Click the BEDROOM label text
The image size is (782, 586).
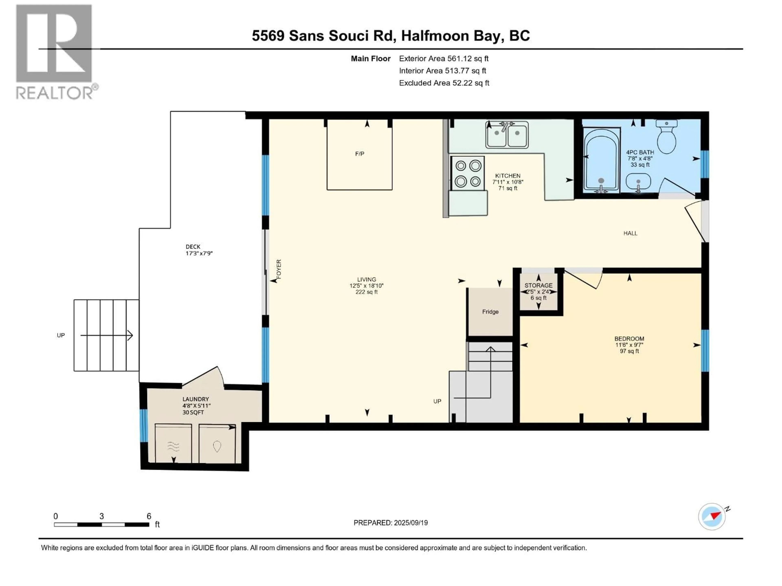[629, 338]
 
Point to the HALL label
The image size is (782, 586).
[630, 233]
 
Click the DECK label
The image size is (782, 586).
[193, 247]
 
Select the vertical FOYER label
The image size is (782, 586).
[279, 269]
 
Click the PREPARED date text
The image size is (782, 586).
[391, 523]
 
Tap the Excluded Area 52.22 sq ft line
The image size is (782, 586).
[444, 83]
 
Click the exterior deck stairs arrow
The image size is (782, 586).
[107, 335]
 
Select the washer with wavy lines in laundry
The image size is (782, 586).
[173, 443]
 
